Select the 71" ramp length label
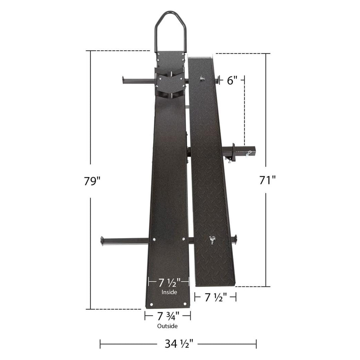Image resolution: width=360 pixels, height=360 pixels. point(267,180)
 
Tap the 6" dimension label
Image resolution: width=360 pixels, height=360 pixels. point(232,80)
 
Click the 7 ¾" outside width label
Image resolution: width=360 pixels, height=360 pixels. point(168,315)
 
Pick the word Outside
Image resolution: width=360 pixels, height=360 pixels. point(167,326)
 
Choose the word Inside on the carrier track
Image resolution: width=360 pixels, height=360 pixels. point(169,292)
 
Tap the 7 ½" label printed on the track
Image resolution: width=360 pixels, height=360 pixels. point(169,283)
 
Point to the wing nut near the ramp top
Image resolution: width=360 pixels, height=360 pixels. point(202,79)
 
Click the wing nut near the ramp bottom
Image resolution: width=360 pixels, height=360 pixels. point(212,240)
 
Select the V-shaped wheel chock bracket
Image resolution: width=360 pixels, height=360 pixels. point(170,82)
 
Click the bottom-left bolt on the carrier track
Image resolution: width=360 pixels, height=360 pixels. point(152,304)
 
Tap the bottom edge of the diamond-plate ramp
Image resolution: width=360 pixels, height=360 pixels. point(215,285)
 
